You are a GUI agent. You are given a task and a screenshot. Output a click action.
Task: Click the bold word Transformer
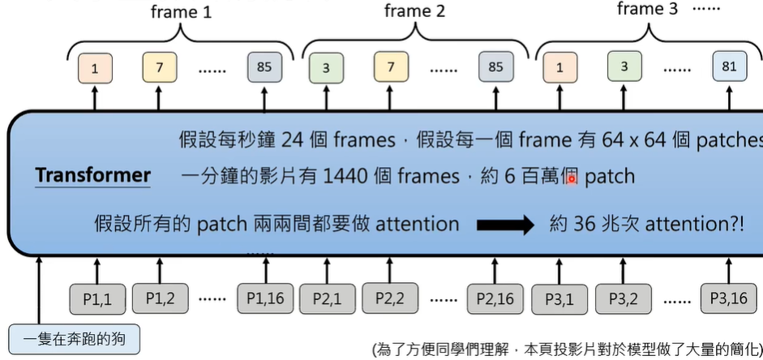click(92, 175)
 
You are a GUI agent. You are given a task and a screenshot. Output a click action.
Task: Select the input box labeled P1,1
click(97, 299)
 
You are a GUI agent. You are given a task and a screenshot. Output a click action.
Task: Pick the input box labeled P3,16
click(728, 299)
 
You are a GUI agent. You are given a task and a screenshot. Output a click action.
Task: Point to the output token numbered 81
click(729, 66)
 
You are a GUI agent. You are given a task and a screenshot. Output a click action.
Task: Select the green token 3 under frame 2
click(326, 68)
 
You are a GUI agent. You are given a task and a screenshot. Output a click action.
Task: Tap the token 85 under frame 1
click(264, 67)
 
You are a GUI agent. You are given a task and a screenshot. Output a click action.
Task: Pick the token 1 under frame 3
click(559, 68)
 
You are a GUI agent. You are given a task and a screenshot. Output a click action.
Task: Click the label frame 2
click(414, 11)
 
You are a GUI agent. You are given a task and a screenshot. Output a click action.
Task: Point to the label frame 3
click(647, 10)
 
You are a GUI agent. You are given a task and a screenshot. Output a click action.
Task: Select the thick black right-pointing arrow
click(505, 225)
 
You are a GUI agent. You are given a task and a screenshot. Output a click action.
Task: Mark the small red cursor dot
click(572, 178)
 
